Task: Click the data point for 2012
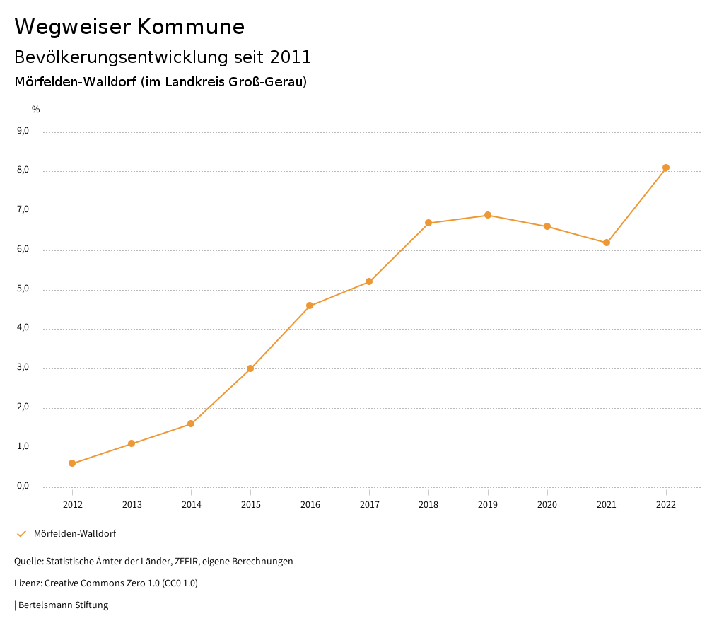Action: pos(72,463)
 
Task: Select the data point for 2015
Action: pos(250,368)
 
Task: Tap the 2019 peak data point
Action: pos(488,215)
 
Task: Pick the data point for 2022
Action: pos(666,168)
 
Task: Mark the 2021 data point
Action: pos(607,243)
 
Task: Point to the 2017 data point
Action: pos(369,281)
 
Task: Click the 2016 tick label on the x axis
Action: pos(310,504)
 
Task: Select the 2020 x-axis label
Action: pos(547,504)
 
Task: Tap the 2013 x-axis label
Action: pos(132,504)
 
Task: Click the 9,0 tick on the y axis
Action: pos(23,131)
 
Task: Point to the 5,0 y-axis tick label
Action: pos(23,289)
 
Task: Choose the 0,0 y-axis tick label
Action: pos(23,486)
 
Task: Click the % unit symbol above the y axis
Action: pos(36,110)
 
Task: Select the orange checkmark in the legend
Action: pos(21,533)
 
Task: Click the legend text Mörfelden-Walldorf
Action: pos(75,533)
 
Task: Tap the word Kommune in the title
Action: pos(191,27)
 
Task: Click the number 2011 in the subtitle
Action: pos(290,57)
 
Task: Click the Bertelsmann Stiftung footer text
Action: pos(63,605)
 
